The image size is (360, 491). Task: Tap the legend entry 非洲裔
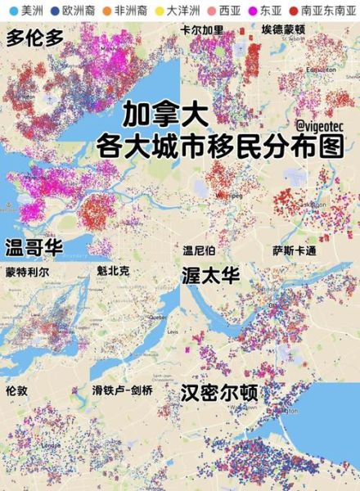(124, 10)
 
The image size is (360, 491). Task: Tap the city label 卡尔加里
(208, 30)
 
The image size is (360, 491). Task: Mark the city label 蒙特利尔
(26, 272)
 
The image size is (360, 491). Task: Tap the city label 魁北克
(112, 271)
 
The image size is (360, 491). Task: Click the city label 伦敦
(17, 391)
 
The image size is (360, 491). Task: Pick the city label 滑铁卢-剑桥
(122, 390)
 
